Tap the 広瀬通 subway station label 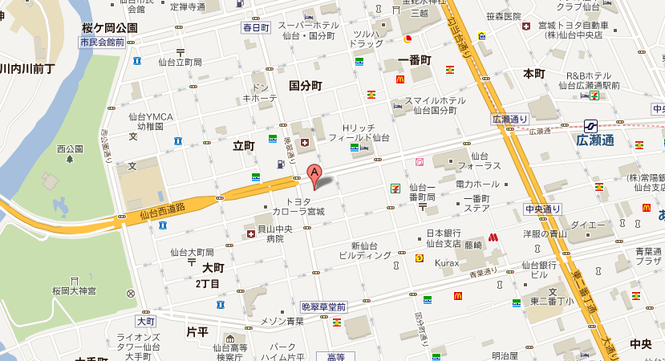pyautogui.click(x=594, y=140)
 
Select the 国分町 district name pyautogui.click(x=305, y=85)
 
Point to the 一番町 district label pyautogui.click(x=414, y=60)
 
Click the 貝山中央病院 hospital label pyautogui.click(x=275, y=233)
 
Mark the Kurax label pyautogui.click(x=447, y=262)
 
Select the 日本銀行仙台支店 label pyautogui.click(x=443, y=238)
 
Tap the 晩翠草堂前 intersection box pyautogui.click(x=323, y=306)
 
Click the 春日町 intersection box pyautogui.click(x=257, y=27)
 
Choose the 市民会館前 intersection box pyautogui.click(x=102, y=42)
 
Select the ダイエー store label pyautogui.click(x=588, y=225)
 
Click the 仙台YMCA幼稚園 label pyautogui.click(x=149, y=122)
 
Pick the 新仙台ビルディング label pyautogui.click(x=365, y=250)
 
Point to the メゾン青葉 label pyautogui.click(x=282, y=321)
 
